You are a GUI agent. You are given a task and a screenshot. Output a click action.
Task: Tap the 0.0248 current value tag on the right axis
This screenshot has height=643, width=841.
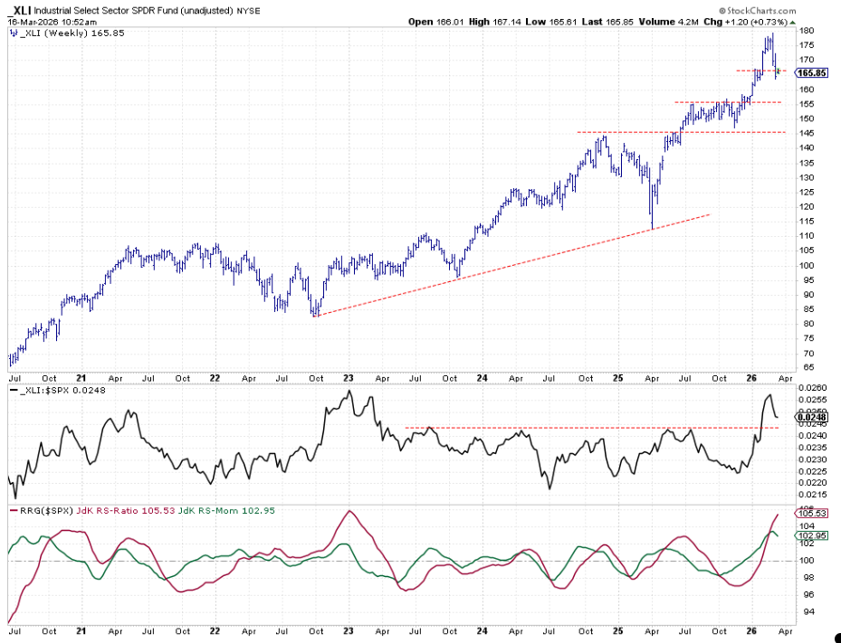[811, 416]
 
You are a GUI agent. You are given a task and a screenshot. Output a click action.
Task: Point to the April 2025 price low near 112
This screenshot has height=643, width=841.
[651, 228]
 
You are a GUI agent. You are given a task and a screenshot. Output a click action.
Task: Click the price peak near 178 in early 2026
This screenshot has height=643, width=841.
[769, 36]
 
